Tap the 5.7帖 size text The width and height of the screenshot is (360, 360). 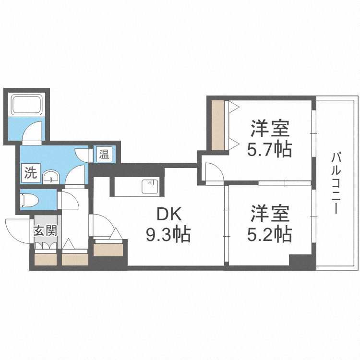click(x=269, y=150)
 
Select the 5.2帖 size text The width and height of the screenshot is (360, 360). click(x=269, y=234)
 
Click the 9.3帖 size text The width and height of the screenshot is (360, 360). click(x=168, y=235)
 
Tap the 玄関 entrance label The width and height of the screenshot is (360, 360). click(x=45, y=230)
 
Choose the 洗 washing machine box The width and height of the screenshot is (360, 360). click(x=31, y=173)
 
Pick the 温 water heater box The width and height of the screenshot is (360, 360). click(x=104, y=155)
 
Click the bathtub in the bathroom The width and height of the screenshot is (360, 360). click(x=26, y=105)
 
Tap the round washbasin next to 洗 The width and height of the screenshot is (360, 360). click(x=50, y=178)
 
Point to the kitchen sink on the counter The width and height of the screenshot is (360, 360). click(x=150, y=186)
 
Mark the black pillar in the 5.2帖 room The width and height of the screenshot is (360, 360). click(x=300, y=262)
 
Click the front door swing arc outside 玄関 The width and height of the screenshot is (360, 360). click(x=18, y=228)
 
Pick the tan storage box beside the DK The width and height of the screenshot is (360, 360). click(x=109, y=249)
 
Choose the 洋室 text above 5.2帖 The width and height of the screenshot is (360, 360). click(x=269, y=213)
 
